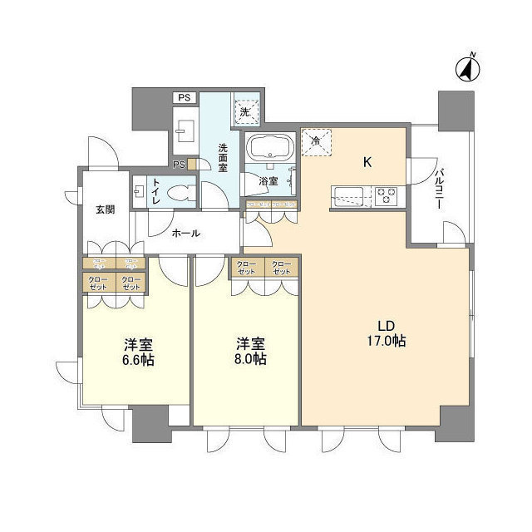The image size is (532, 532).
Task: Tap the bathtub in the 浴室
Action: pyautogui.click(x=268, y=149)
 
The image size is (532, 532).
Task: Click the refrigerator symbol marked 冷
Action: pyautogui.click(x=316, y=140)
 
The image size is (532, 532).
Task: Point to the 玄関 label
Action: pyautogui.click(x=105, y=209)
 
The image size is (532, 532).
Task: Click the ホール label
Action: pyautogui.click(x=185, y=234)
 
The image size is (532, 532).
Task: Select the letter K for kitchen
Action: pyautogui.click(x=366, y=162)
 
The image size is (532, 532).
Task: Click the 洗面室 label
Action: pyautogui.click(x=223, y=158)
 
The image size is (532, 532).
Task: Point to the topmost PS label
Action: pyautogui.click(x=183, y=97)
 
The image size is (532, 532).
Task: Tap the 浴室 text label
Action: pyautogui.click(x=268, y=180)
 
